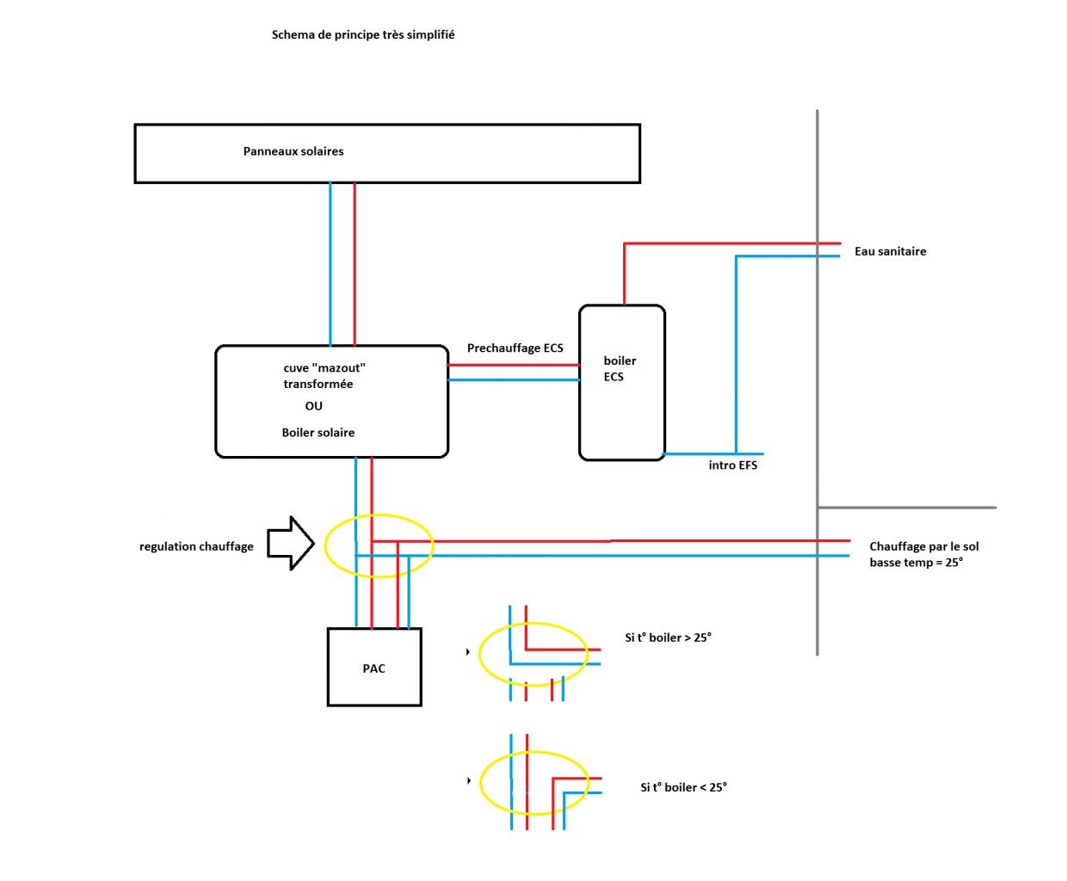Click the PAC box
(374, 668)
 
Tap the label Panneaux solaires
(293, 151)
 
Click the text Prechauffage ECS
(515, 348)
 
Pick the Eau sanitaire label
(890, 251)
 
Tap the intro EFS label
(732, 465)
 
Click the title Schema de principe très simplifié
(363, 35)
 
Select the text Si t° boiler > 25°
(668, 638)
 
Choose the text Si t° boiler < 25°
(683, 787)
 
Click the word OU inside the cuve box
(313, 406)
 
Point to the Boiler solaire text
(318, 433)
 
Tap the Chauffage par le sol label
(923, 546)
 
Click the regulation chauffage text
(196, 546)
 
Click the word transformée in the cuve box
(318, 385)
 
